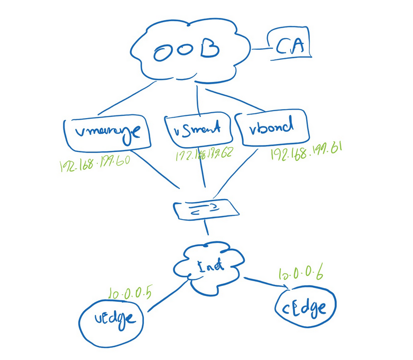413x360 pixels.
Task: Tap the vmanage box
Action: [107, 133]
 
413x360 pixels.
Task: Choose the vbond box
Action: [273, 128]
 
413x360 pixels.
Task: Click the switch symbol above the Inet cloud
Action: [206, 209]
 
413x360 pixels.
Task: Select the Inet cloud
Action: [210, 266]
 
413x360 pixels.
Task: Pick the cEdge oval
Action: [306, 309]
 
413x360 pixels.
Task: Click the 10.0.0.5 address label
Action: [130, 292]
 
